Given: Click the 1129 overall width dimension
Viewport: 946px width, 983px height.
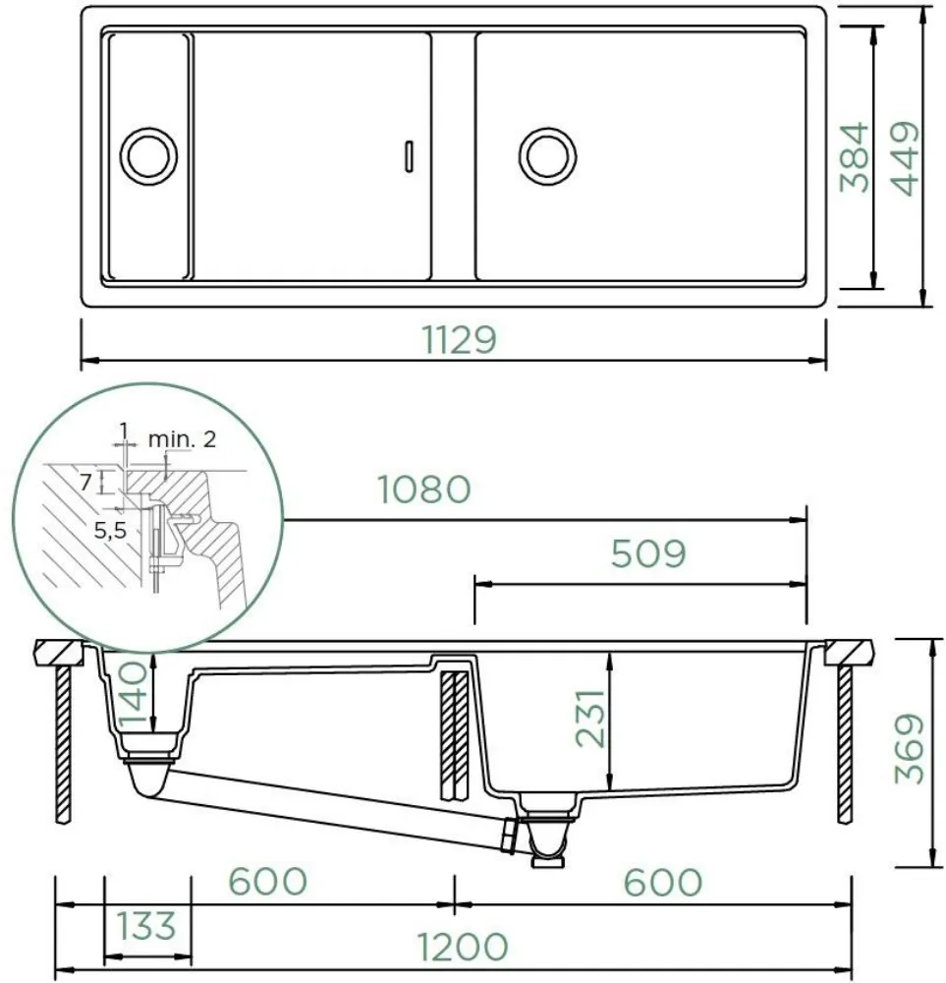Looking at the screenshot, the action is [x=459, y=340].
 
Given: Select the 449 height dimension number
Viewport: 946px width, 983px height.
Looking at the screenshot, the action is [x=906, y=158].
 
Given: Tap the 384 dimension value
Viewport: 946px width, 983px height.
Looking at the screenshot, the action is [x=856, y=156].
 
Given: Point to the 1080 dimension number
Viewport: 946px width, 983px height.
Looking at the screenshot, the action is [x=424, y=489].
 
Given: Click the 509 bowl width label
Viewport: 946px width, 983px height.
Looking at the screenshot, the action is [x=648, y=553].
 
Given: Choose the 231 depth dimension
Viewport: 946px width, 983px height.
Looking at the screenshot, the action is [x=590, y=719].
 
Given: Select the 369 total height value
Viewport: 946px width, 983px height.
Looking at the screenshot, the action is [x=909, y=748].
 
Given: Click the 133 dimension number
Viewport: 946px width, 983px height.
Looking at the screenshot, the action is [x=146, y=927].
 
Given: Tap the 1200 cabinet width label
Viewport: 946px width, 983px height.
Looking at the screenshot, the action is [x=463, y=947].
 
